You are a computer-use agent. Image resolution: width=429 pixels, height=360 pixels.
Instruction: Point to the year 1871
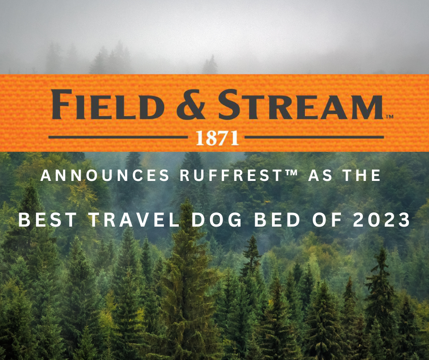(x=217, y=138)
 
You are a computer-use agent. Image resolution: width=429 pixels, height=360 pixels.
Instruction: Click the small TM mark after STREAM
(x=389, y=117)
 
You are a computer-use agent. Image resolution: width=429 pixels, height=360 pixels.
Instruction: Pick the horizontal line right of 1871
(x=315, y=137)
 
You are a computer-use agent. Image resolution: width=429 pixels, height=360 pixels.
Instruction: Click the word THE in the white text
(x=360, y=175)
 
